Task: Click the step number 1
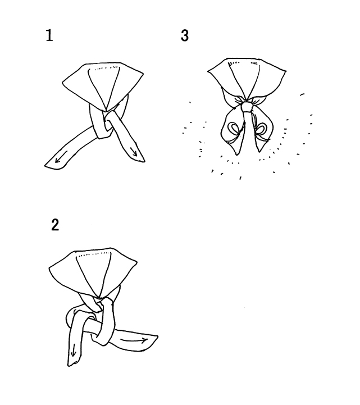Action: (49, 35)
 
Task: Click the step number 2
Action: (55, 225)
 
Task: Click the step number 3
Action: (185, 35)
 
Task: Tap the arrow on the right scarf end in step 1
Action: (134, 151)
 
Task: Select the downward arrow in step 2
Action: (74, 351)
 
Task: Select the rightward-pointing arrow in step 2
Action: (134, 340)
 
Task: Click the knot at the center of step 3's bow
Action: (247, 107)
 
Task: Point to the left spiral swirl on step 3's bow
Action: (235, 128)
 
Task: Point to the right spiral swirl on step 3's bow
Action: (261, 127)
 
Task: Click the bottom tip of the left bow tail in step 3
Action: (237, 154)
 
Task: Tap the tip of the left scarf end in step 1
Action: (45, 165)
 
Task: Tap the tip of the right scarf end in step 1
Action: (145, 161)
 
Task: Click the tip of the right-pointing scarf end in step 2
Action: (158, 336)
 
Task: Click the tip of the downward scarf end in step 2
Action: (69, 366)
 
